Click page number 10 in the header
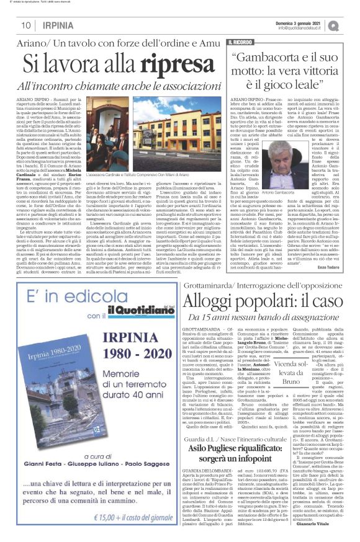26,25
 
